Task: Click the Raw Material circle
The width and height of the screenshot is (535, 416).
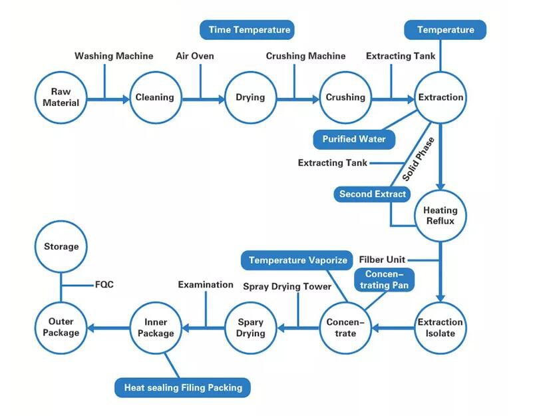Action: pos(61,97)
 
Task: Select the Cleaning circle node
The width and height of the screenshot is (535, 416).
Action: pos(154,97)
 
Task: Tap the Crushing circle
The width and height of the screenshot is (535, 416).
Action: pos(345,97)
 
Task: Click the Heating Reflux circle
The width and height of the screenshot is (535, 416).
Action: pos(440,215)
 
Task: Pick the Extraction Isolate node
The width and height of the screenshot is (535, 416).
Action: pos(440,327)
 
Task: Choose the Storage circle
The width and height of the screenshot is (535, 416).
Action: pos(61,247)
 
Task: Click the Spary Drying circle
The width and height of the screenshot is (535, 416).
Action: pos(250,327)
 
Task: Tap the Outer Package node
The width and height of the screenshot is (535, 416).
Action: pos(61,327)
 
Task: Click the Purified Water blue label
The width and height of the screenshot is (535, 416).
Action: pos(353,139)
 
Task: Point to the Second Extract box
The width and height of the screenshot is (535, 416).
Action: pos(372,194)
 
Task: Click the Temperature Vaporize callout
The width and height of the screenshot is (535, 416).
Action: pos(298,260)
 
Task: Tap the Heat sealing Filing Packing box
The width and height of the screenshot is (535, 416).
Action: pos(182,387)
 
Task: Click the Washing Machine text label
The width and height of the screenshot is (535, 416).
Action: pos(114,56)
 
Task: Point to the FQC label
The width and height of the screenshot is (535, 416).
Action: pos(104,284)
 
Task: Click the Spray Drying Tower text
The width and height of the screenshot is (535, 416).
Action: pos(287,286)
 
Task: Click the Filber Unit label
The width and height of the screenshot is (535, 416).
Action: pos(382,259)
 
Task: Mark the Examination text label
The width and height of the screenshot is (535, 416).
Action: pos(206,284)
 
